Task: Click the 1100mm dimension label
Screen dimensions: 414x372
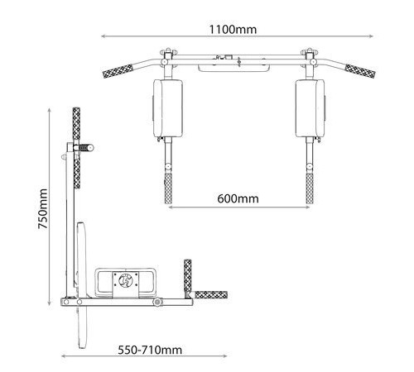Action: point(233,30)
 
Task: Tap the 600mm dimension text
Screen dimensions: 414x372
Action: point(238,198)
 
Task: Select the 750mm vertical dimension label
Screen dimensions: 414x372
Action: point(43,209)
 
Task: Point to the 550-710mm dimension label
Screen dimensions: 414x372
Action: point(150,350)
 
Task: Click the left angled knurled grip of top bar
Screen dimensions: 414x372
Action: point(118,71)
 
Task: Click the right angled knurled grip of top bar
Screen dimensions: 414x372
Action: point(360,71)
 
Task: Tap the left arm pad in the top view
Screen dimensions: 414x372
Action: point(168,108)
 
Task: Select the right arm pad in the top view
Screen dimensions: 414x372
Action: point(310,108)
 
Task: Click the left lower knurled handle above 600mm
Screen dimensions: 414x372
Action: point(168,188)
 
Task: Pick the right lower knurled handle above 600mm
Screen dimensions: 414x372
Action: point(310,188)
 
